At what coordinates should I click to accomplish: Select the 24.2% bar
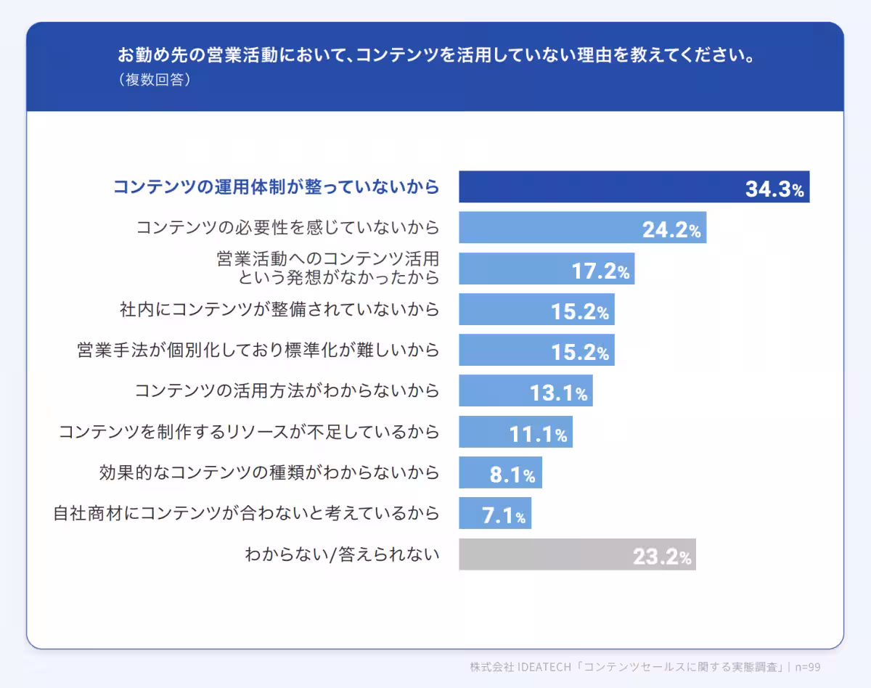pos(552,228)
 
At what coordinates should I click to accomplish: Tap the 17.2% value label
pos(600,271)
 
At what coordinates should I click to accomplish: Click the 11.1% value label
pos(538,435)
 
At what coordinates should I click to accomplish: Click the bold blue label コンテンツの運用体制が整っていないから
pos(276,187)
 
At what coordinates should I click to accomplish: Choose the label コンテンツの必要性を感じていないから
pos(288,228)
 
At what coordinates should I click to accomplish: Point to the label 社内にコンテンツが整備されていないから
pos(279,310)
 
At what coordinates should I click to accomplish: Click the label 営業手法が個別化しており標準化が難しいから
pos(258,351)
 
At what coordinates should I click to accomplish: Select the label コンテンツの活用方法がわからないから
pos(287,391)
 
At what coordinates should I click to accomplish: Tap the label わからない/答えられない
pos(343,555)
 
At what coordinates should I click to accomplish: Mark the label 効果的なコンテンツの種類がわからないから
pos(269,473)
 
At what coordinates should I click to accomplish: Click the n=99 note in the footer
pos(807,667)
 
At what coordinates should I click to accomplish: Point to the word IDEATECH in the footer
pos(544,667)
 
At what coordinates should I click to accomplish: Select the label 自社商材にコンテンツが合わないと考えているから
pos(246,514)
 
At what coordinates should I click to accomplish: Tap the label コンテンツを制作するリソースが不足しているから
pos(249,433)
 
